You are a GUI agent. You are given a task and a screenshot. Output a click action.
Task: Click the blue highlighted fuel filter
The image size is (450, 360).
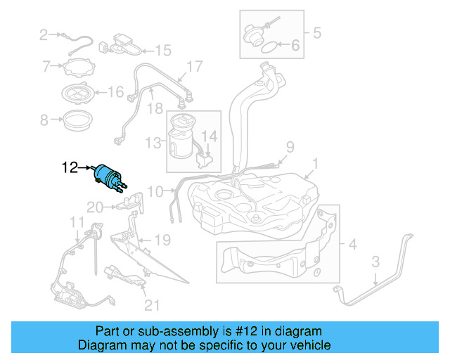click(109, 174)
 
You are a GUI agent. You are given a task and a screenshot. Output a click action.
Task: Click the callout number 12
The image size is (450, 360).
click(70, 168)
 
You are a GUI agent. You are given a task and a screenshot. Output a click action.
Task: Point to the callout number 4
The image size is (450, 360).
click(316, 32)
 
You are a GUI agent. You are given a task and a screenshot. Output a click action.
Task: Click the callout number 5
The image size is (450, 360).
click(295, 48)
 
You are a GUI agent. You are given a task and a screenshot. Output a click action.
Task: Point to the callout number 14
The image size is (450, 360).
click(210, 135)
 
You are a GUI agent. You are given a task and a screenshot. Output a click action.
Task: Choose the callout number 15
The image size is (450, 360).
click(163, 50)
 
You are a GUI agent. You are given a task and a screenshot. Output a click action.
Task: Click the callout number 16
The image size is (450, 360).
click(115, 91)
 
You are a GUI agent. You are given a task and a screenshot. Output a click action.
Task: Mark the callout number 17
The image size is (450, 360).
click(194, 67)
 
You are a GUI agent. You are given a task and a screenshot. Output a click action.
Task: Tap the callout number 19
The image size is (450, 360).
click(162, 240)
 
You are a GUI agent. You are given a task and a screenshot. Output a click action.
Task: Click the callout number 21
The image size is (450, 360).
click(152, 304)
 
